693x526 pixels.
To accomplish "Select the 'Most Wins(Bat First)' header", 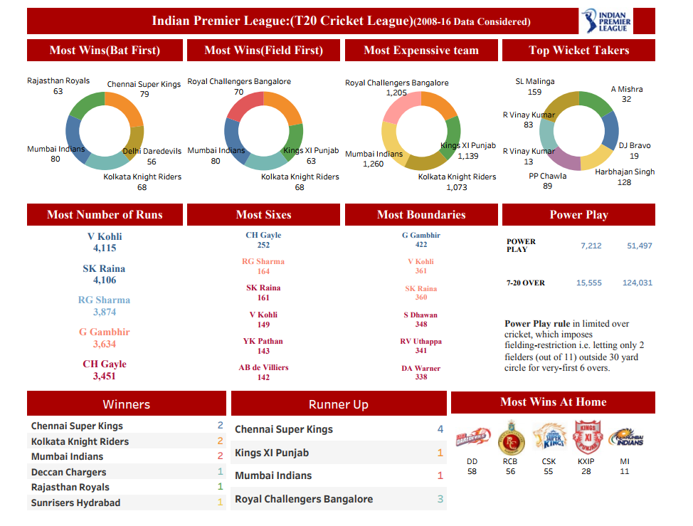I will pyautogui.click(x=105, y=51).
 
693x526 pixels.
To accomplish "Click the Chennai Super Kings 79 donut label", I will pyautogui.click(x=144, y=89).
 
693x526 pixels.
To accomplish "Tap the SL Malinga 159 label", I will pyautogui.click(x=534, y=87).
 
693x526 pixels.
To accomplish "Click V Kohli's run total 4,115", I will pyautogui.click(x=105, y=248).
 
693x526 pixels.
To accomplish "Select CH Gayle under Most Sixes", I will pyautogui.click(x=263, y=235).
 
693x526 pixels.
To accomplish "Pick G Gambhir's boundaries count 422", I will pyautogui.click(x=420, y=244).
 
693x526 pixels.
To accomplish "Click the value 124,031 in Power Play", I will pyautogui.click(x=637, y=283).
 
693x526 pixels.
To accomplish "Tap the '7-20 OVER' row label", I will pyautogui.click(x=525, y=283).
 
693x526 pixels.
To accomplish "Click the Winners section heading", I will pyautogui.click(x=126, y=404).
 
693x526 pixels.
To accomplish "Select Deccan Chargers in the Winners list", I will pyautogui.click(x=68, y=472).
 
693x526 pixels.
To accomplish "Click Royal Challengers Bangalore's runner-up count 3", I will pyautogui.click(x=440, y=499).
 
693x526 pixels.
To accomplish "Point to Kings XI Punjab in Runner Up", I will pyautogui.click(x=272, y=453).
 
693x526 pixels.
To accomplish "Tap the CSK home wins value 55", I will pyautogui.click(x=549, y=472).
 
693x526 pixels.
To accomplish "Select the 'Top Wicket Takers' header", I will pyautogui.click(x=578, y=51).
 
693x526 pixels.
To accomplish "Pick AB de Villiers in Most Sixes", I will pyautogui.click(x=263, y=367).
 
